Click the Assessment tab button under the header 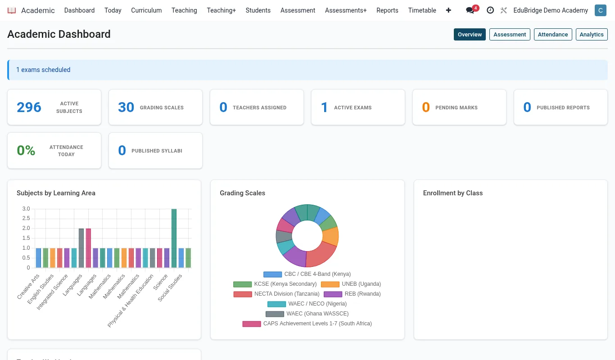click(510, 35)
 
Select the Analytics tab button click(592, 35)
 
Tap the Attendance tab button click(553, 35)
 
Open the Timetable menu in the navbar click(422, 10)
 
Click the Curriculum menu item click(146, 10)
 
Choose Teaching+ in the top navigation click(222, 10)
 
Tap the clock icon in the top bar click(490, 10)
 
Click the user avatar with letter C click(601, 10)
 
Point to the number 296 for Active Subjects click(29, 107)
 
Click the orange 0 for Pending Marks click(426, 107)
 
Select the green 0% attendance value click(26, 150)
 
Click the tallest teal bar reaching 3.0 click(174, 238)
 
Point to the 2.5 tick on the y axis click(26, 218)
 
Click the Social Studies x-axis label click(170, 288)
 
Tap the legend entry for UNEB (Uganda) click(351, 284)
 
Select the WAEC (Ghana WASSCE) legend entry click(307, 314)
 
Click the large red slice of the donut click(321, 254)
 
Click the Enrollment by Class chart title click(453, 193)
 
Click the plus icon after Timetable click(448, 10)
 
